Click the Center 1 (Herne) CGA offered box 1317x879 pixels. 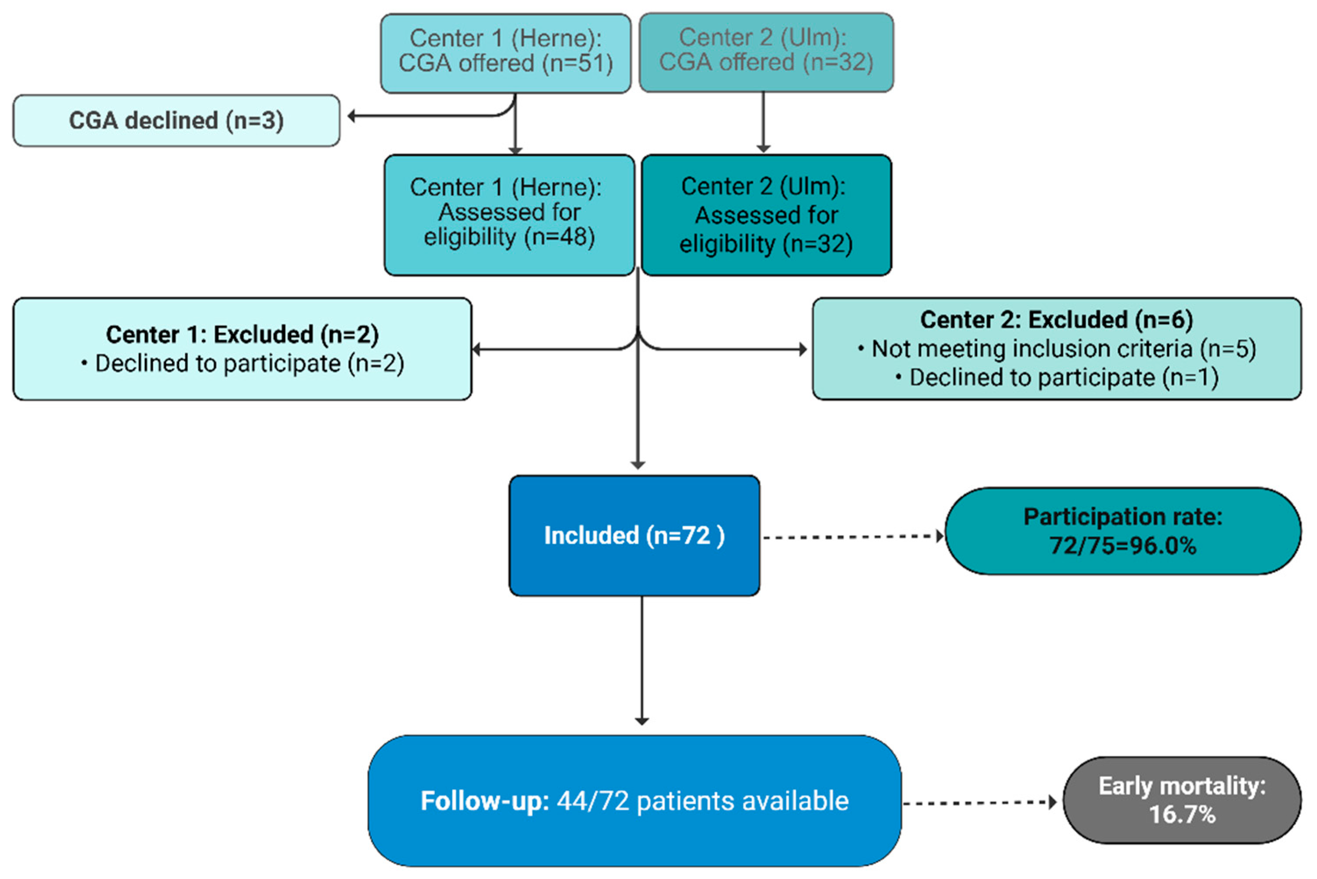(505, 53)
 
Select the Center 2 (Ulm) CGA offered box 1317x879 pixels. (766, 52)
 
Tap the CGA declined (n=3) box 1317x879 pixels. (176, 120)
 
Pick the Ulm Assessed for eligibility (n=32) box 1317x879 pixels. (766, 214)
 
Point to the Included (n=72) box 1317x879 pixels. (634, 535)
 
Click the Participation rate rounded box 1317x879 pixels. (1123, 531)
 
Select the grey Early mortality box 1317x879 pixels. (1182, 800)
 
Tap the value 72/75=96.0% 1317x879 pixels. (1123, 546)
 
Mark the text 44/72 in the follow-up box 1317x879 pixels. (593, 801)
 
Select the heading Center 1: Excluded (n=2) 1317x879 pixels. (242, 335)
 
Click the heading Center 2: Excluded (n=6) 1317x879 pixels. (1056, 320)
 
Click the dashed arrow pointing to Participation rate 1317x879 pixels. (852, 537)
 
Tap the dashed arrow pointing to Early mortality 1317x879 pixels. (979, 803)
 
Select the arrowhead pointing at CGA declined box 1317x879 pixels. (352, 116)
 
